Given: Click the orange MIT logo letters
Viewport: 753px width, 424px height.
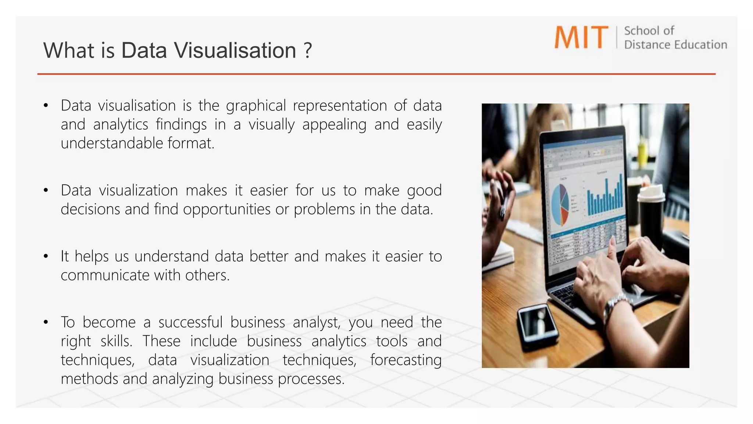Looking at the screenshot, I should (x=581, y=37).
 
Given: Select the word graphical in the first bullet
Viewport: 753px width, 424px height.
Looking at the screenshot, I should (x=256, y=106).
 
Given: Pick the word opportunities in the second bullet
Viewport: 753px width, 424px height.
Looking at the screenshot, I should (x=227, y=209).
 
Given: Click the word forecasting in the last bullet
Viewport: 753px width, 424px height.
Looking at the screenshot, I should (x=406, y=360).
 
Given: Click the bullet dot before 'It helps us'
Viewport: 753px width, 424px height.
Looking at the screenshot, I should (x=46, y=256).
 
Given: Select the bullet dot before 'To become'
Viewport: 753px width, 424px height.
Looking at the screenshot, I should (x=46, y=322).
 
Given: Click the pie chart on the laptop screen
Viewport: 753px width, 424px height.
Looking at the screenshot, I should (x=560, y=205).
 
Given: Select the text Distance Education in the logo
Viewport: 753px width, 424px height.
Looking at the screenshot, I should (x=675, y=45).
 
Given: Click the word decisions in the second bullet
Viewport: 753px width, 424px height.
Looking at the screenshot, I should (x=90, y=209).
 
